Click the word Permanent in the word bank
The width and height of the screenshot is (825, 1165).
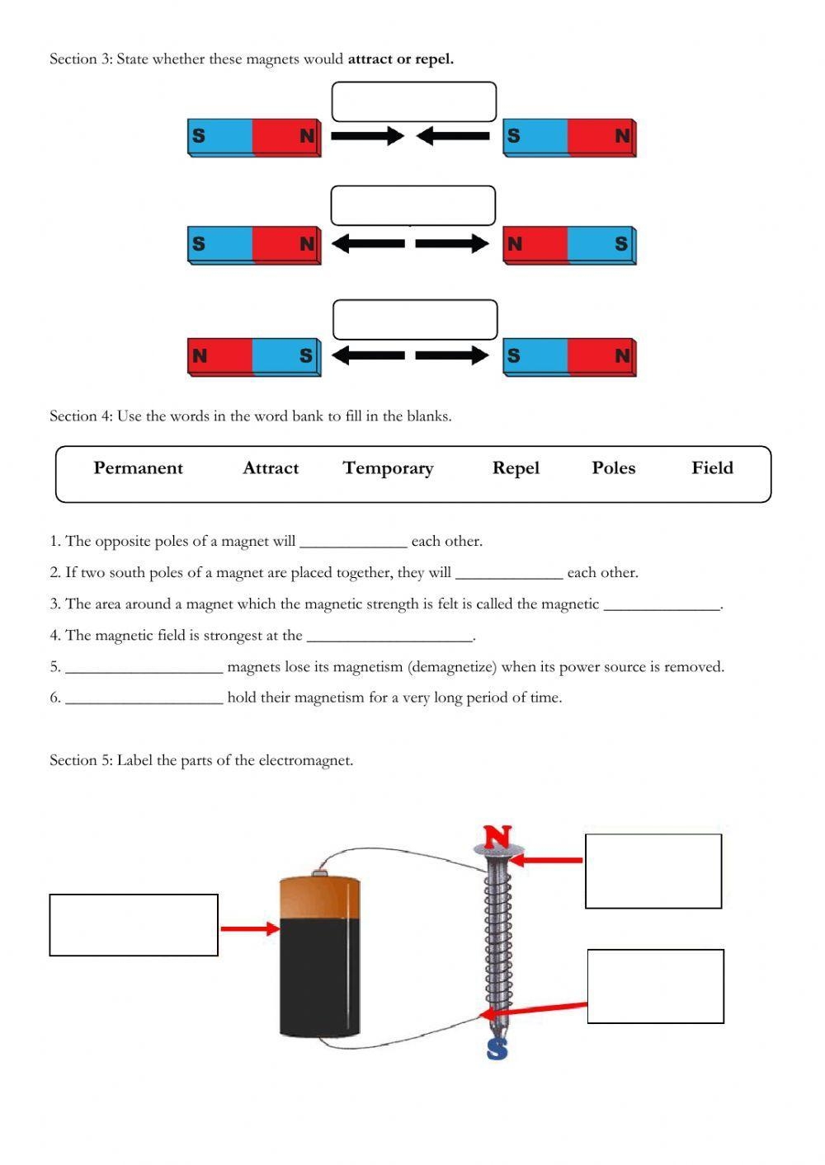[138, 468]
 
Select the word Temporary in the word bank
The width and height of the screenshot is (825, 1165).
[388, 468]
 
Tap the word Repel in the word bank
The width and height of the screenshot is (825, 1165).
[516, 468]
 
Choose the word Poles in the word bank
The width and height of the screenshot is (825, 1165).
[613, 468]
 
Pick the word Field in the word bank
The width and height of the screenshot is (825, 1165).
[712, 468]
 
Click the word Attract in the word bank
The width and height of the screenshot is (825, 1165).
[271, 468]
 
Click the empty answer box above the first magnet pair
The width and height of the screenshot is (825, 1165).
[413, 102]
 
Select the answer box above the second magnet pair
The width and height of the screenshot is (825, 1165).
[412, 205]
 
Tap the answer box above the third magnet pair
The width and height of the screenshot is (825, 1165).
[415, 320]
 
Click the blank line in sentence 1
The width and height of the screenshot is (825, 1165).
[353, 543]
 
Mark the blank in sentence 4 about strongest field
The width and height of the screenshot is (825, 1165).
[389, 637]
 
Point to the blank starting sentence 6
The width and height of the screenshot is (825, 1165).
[144, 699]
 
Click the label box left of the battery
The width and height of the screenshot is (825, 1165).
[134, 925]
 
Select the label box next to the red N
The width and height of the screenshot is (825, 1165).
[653, 871]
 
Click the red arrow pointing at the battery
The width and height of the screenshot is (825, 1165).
[250, 929]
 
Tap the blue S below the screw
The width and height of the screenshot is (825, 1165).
[497, 1049]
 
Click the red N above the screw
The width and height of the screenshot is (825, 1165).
[497, 837]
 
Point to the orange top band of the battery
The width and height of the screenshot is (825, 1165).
[320, 897]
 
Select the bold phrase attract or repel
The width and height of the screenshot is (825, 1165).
[400, 59]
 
